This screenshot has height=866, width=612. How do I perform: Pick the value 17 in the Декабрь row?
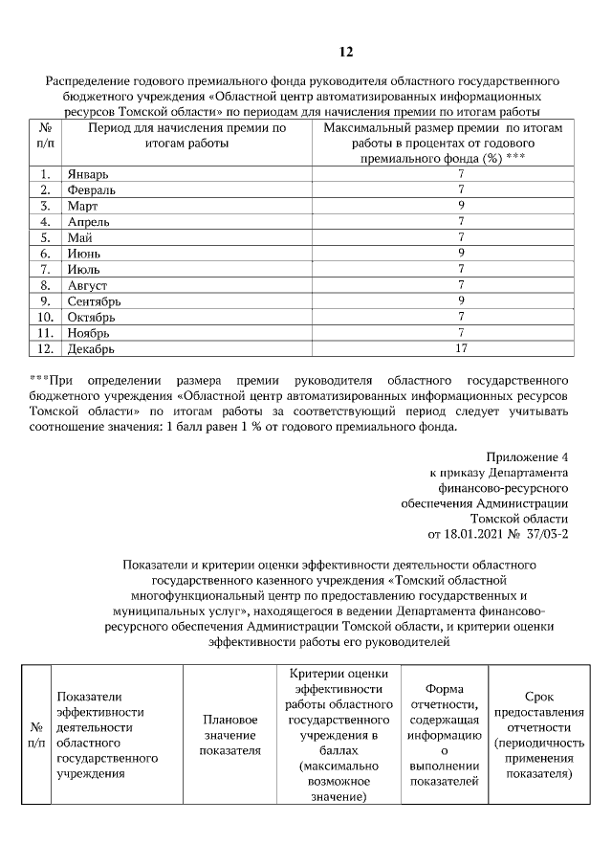461,348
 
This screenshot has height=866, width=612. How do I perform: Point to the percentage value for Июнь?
461,254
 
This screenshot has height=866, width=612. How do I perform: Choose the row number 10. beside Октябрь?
45,317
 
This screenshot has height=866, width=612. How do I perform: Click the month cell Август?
87,285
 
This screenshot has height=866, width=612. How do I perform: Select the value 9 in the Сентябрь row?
461,300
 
